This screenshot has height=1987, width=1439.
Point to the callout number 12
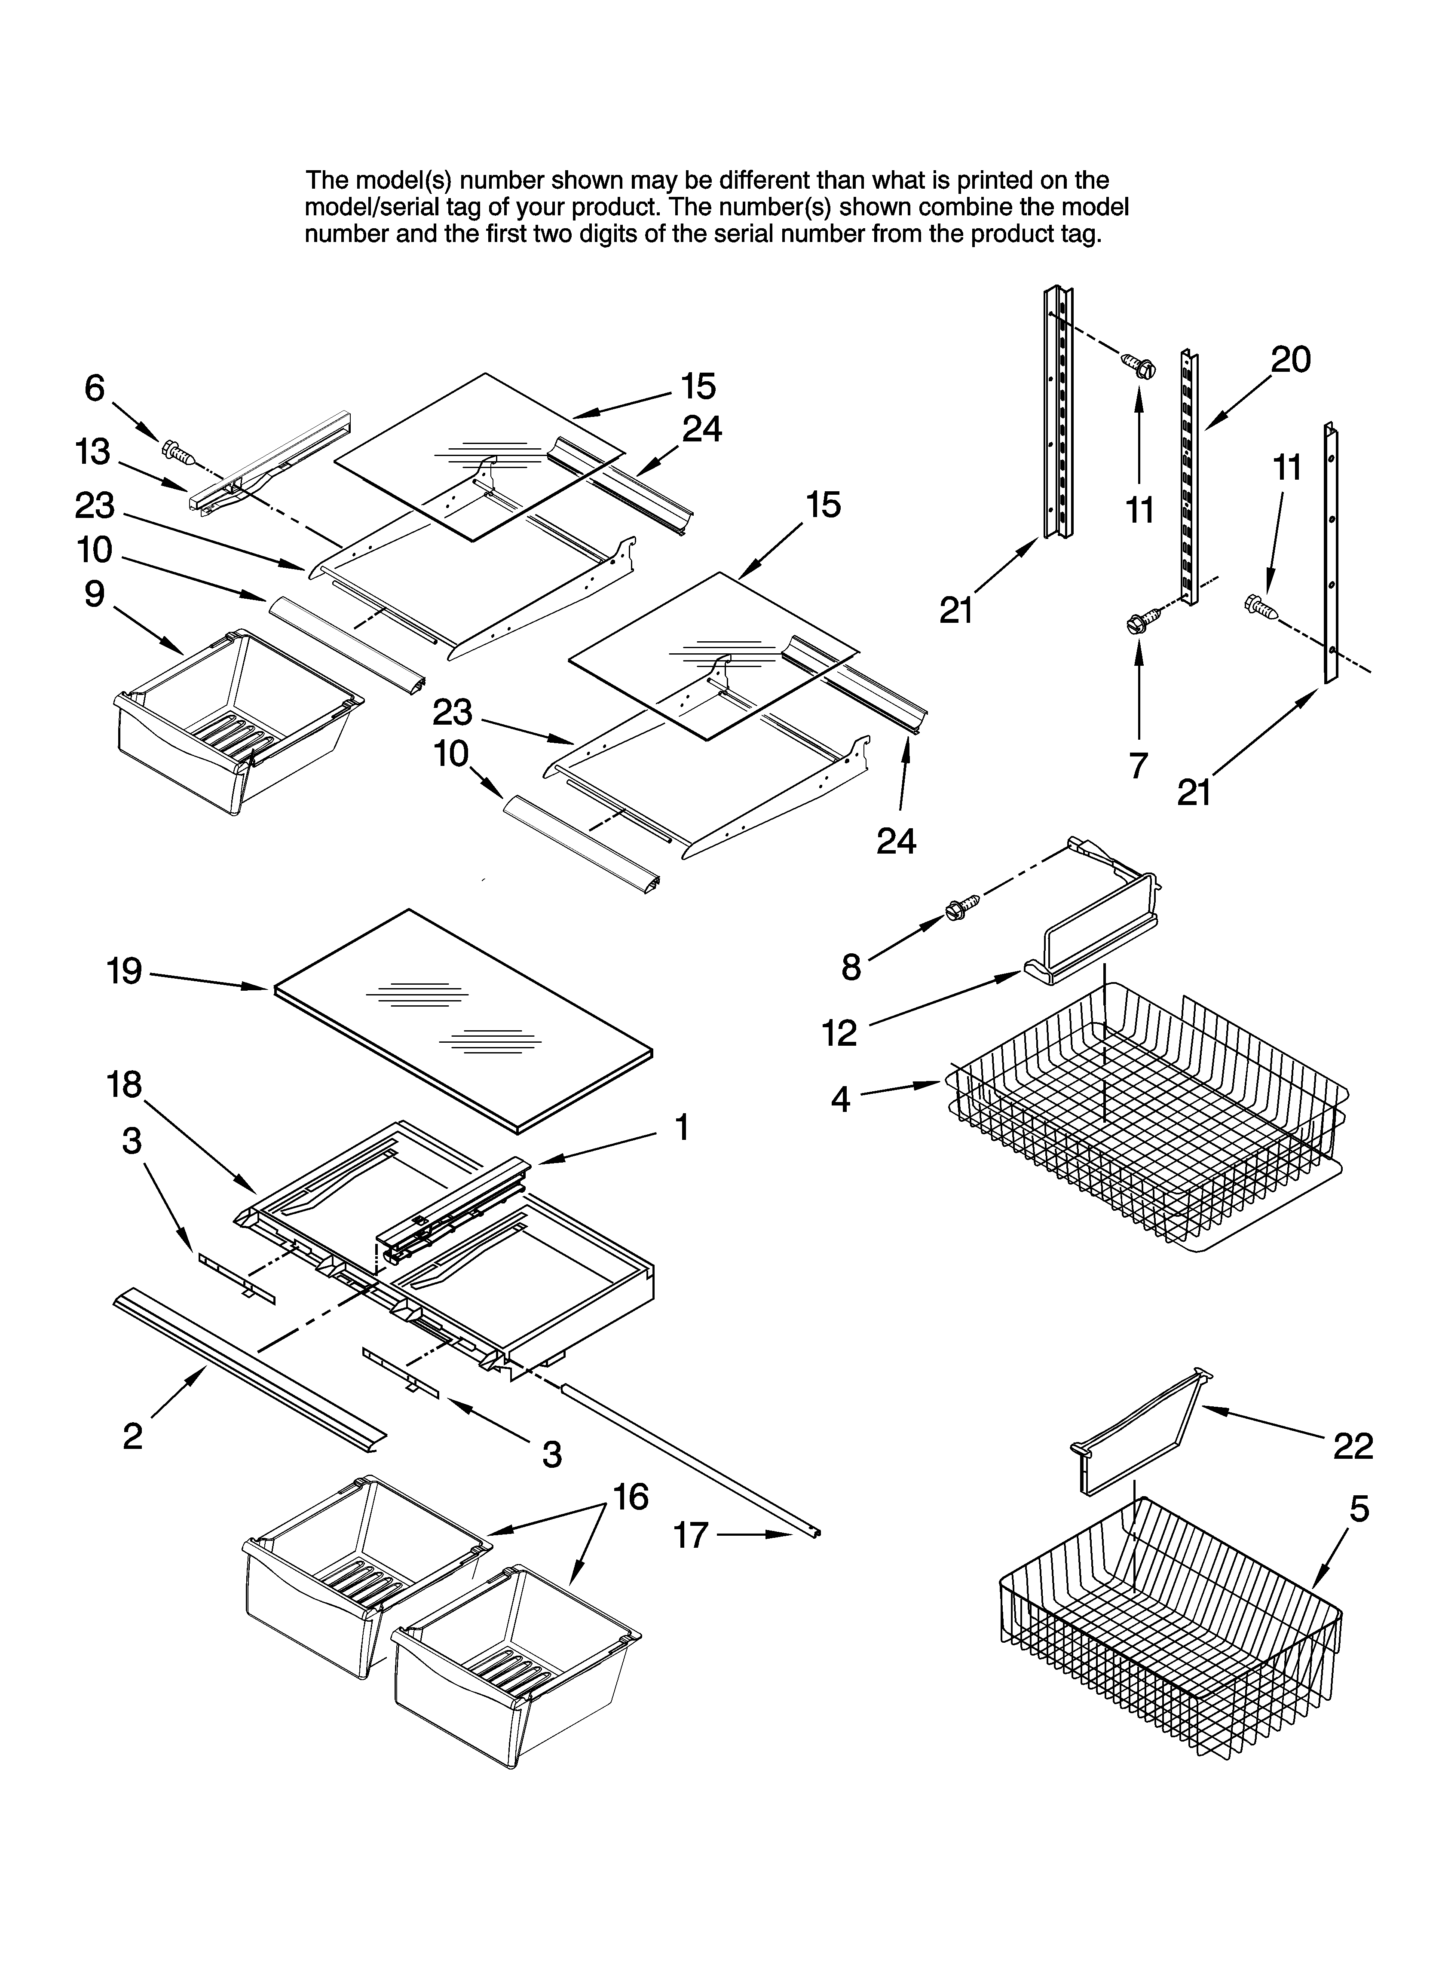tap(839, 1033)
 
